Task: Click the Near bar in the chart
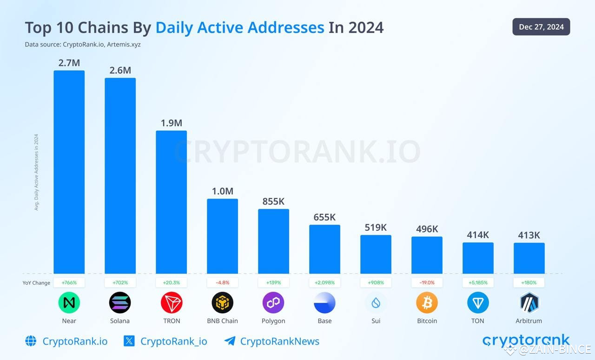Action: [x=69, y=172]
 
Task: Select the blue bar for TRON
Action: [x=171, y=202]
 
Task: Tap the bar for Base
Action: [x=324, y=249]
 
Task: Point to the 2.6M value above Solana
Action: [x=120, y=70]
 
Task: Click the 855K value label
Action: [x=273, y=201]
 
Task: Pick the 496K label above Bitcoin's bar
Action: [x=427, y=229]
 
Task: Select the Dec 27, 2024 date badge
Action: [x=541, y=27]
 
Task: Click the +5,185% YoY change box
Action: [x=478, y=282]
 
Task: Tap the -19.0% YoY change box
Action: [x=427, y=282]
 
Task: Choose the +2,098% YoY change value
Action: [x=324, y=282]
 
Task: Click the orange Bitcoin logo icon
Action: [x=427, y=303]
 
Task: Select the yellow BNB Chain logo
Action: [x=222, y=303]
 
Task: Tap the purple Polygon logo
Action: [x=273, y=303]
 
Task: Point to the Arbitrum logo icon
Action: [x=529, y=303]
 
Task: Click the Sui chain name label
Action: [x=376, y=321]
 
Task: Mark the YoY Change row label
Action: [x=36, y=283]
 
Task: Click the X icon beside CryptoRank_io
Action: [x=129, y=341]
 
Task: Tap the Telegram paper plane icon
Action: [x=229, y=341]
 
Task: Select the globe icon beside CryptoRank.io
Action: [x=31, y=341]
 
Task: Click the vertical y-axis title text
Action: [x=36, y=172]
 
